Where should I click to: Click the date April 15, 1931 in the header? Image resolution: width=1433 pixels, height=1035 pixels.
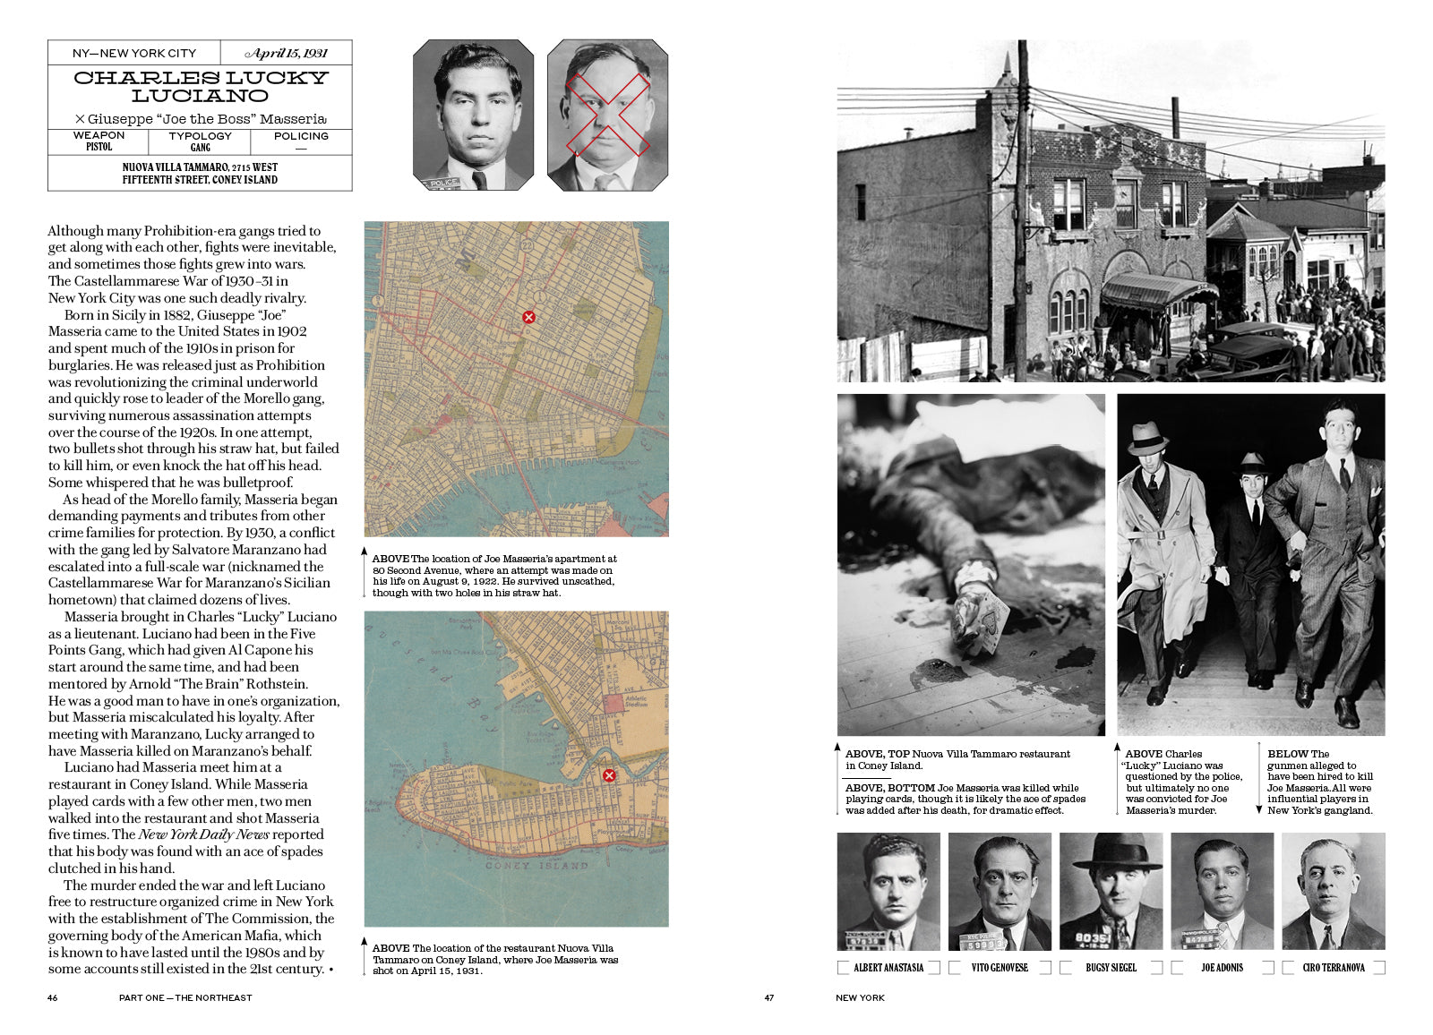[x=287, y=53]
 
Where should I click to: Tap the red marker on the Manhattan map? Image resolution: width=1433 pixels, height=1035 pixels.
[x=528, y=317]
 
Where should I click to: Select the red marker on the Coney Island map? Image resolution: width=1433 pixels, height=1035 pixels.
[x=609, y=775]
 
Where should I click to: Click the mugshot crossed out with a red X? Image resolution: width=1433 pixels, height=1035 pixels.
[x=607, y=115]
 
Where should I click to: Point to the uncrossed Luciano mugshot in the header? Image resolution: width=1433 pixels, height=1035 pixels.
[x=473, y=115]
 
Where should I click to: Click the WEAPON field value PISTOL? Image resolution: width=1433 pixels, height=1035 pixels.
[x=99, y=147]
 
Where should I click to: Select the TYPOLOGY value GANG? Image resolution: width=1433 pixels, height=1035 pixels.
[x=201, y=148]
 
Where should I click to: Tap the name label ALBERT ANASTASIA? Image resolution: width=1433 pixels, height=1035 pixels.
[x=888, y=968]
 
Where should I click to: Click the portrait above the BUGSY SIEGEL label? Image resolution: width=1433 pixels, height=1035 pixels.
[x=1111, y=891]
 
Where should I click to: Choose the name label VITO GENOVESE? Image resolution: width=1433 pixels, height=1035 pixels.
[x=1000, y=968]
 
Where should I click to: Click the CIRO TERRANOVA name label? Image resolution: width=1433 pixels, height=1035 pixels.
[x=1334, y=968]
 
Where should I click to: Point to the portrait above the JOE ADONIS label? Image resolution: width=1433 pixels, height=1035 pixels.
[x=1222, y=891]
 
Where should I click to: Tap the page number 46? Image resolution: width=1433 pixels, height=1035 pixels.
[x=53, y=997]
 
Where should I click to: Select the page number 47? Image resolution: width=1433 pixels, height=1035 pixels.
[x=769, y=997]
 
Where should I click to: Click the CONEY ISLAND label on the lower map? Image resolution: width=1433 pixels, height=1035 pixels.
[x=536, y=866]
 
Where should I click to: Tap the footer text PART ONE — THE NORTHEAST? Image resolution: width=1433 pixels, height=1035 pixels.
[x=185, y=997]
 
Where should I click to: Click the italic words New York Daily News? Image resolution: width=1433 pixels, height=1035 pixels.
[x=203, y=834]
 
